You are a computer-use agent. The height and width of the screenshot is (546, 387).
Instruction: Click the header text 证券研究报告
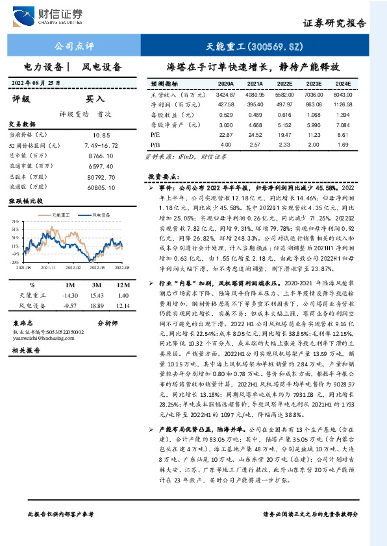[336, 23]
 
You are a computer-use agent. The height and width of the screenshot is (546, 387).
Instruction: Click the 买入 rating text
[95, 99]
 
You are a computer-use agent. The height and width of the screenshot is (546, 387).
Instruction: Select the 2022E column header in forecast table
[285, 84]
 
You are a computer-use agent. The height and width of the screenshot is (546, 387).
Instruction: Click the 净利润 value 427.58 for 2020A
[226, 104]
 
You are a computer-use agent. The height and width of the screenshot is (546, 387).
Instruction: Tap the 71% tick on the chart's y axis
[14, 221]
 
